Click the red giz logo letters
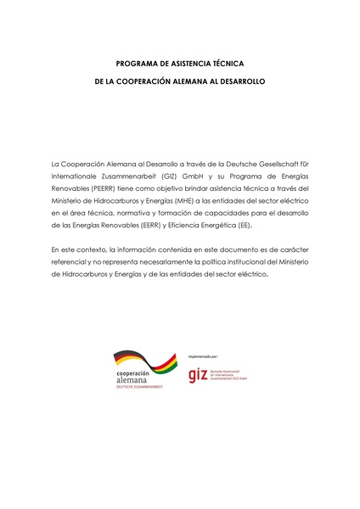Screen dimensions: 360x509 click(198, 374)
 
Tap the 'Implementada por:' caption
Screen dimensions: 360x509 click(203, 357)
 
